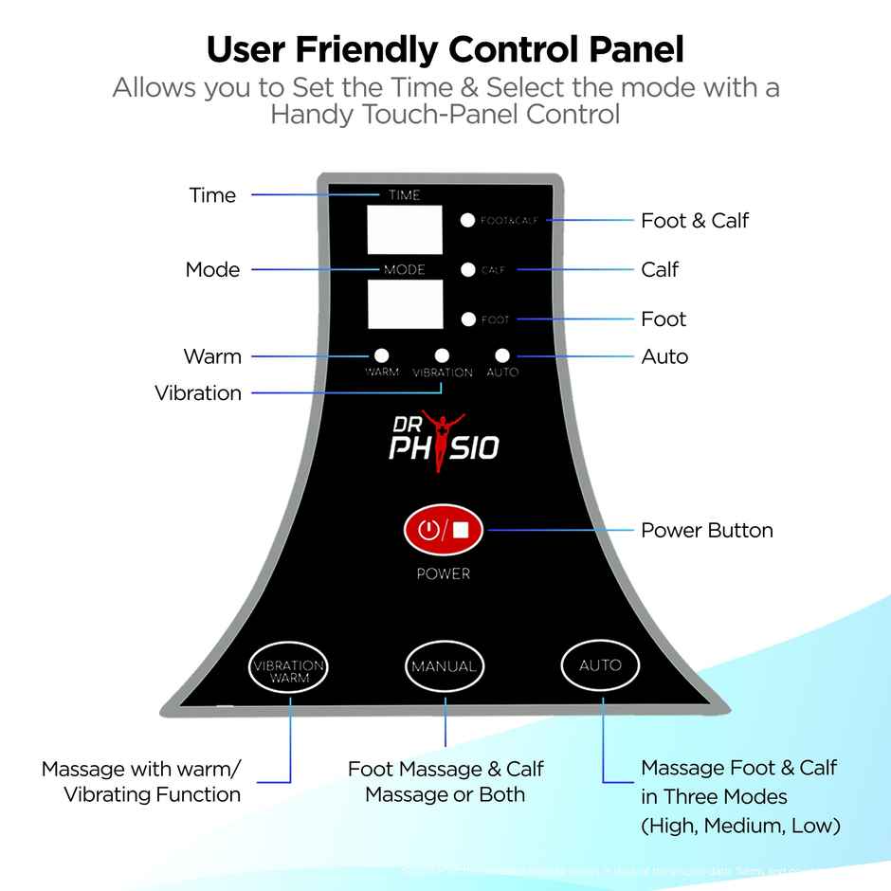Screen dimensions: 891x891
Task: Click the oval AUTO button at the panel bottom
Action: tap(600, 665)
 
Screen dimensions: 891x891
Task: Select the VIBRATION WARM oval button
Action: tap(289, 671)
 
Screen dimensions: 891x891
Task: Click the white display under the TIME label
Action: tap(405, 229)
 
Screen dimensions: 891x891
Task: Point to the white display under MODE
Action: tap(405, 304)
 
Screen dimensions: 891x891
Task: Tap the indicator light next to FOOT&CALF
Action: tap(467, 220)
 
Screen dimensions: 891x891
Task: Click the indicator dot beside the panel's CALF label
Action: tap(467, 270)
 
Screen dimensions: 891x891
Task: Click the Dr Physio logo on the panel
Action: tap(444, 438)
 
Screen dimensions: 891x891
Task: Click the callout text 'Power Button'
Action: tap(706, 530)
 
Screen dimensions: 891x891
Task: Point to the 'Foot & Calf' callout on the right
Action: tap(694, 221)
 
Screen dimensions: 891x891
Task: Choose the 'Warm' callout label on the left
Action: tap(212, 357)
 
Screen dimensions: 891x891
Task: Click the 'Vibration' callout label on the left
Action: tap(198, 393)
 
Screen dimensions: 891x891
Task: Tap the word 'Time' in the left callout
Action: tap(212, 195)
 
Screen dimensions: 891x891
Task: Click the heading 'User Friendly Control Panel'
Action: tap(445, 48)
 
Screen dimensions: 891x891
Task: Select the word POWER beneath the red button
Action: tap(444, 573)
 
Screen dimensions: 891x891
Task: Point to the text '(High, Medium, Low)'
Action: tap(740, 826)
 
